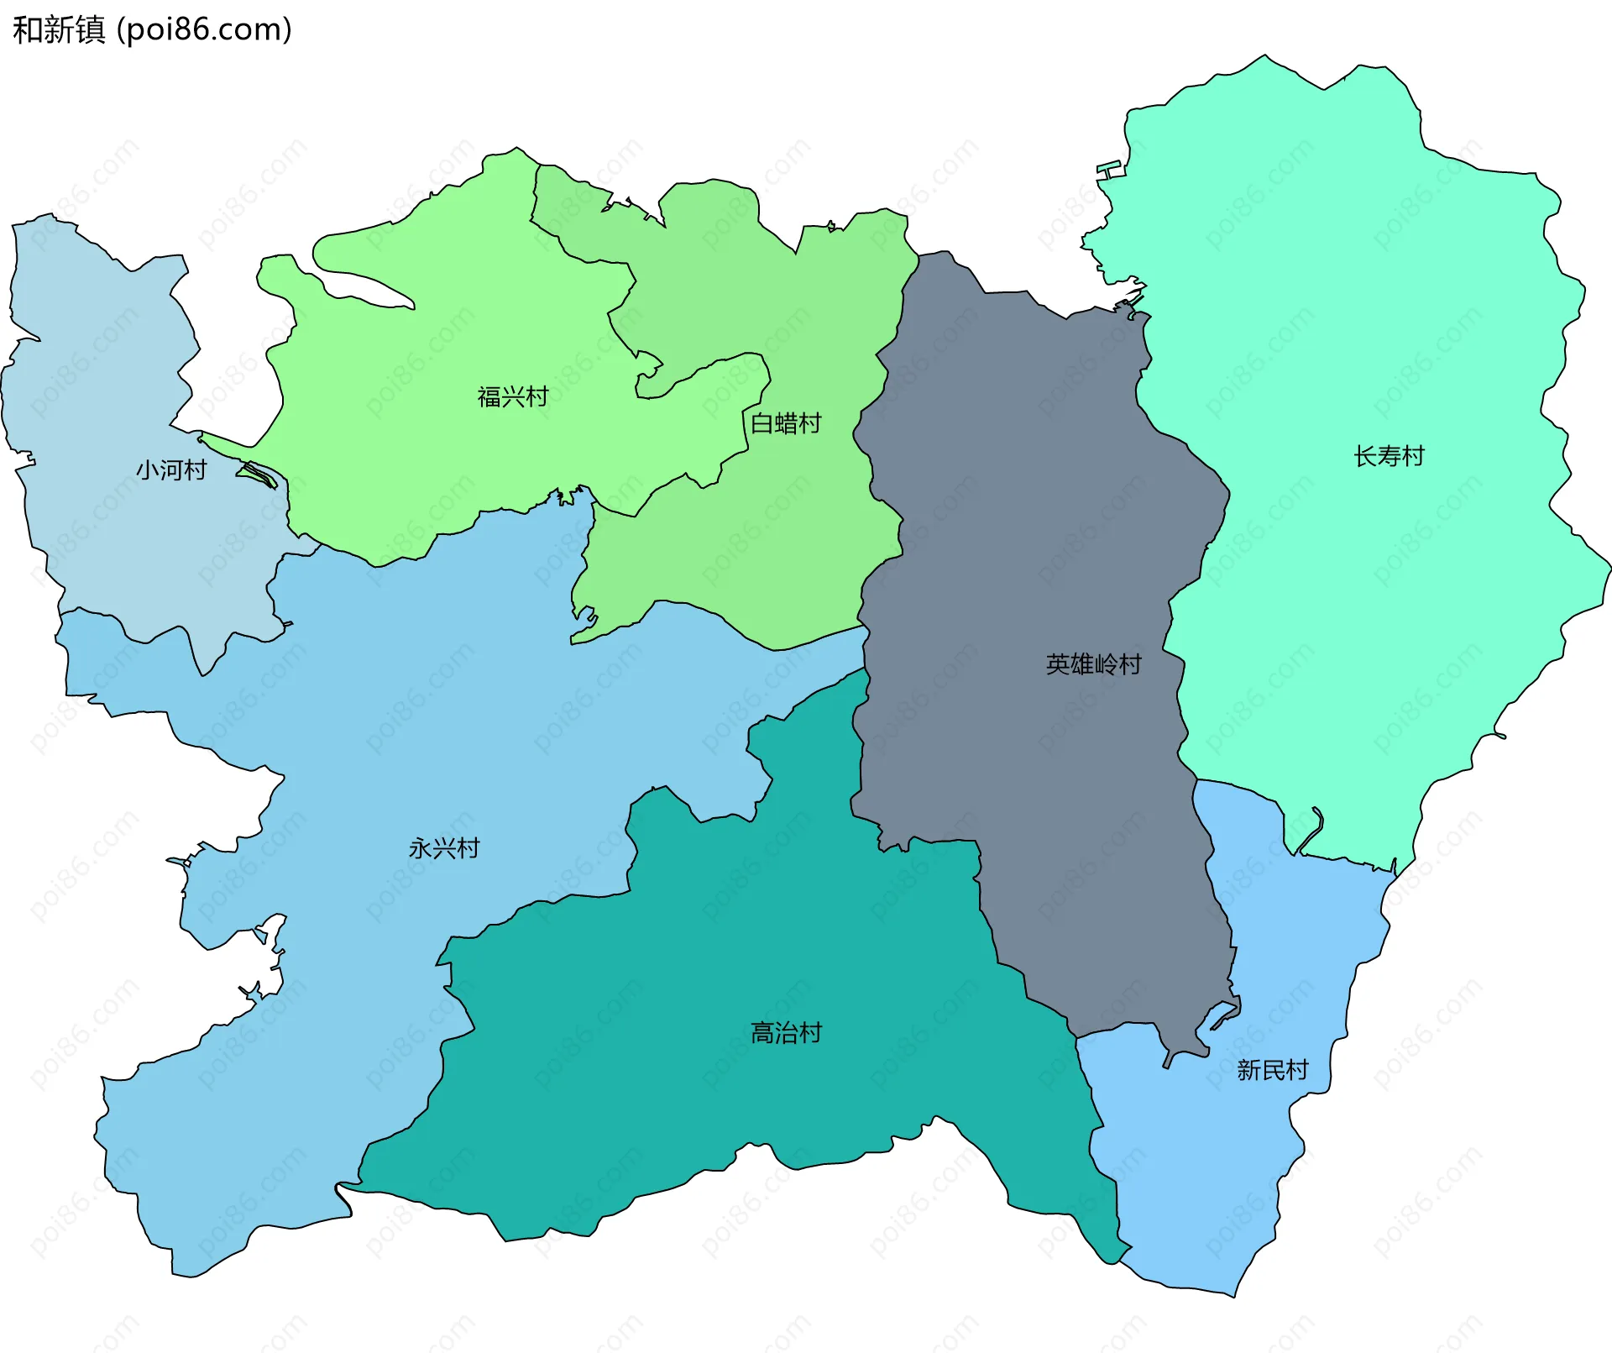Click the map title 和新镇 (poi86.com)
click(152, 29)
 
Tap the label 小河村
click(171, 469)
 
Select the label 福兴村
click(513, 396)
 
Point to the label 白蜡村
click(786, 423)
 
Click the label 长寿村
click(1390, 456)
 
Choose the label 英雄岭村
click(1093, 664)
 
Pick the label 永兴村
click(444, 848)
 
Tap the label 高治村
click(786, 1032)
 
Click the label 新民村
click(1272, 1070)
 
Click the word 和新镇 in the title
click(59, 29)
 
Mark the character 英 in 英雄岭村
click(1058, 664)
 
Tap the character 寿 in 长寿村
click(1390, 456)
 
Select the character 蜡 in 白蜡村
click(786, 423)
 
